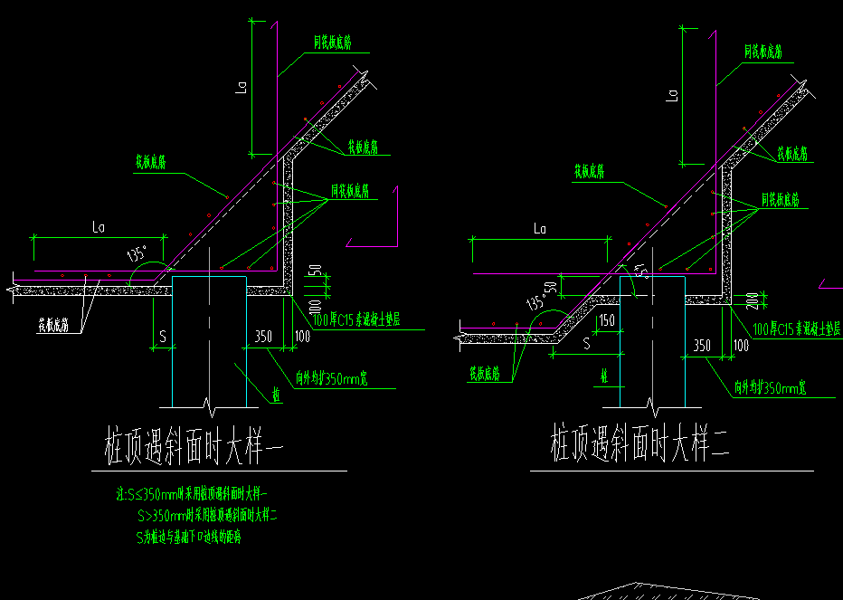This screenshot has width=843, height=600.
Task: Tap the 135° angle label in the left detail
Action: (x=138, y=254)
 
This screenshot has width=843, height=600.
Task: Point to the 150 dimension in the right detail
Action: (x=606, y=319)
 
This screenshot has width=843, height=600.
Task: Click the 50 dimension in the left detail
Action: (x=314, y=272)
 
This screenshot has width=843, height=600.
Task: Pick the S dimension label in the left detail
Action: (x=162, y=336)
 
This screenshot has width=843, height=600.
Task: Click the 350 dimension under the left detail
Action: (x=263, y=335)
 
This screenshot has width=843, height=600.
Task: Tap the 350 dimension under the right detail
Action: (x=702, y=345)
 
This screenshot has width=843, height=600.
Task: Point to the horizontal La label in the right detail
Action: (x=540, y=229)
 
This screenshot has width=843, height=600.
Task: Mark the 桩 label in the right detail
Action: (x=603, y=376)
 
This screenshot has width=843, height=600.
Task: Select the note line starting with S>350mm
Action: (x=208, y=516)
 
